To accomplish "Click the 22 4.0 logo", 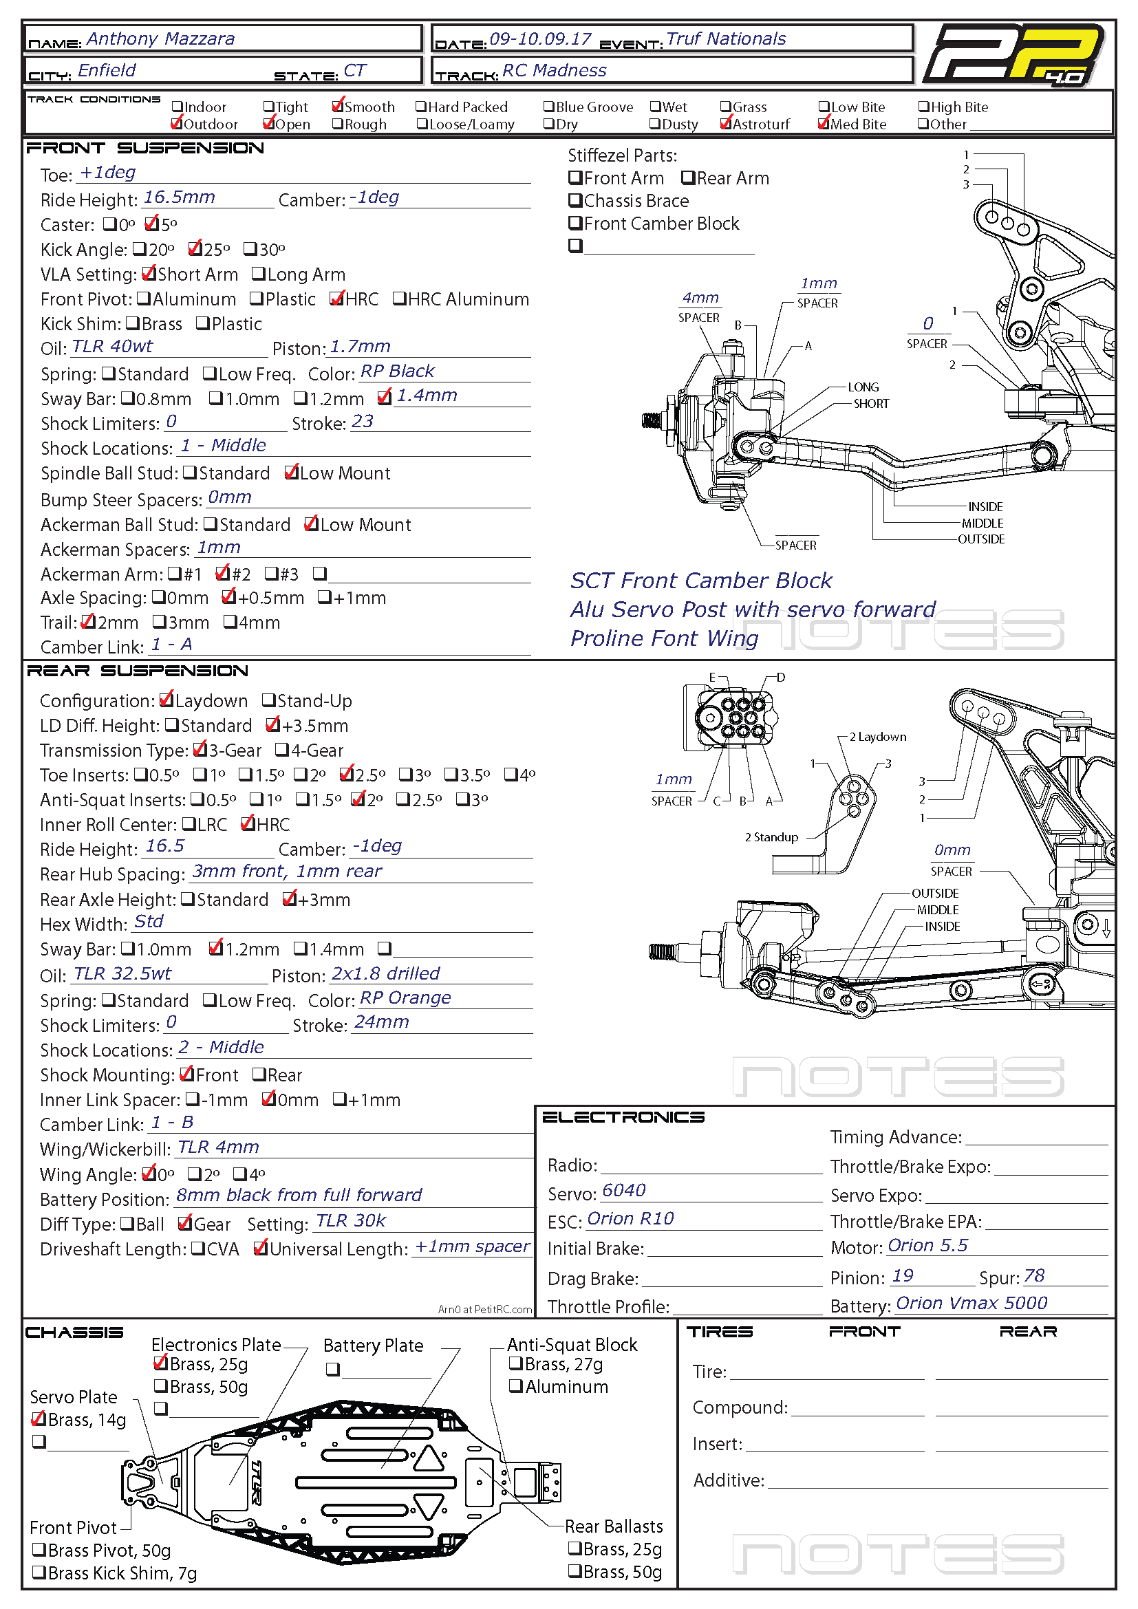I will click(1013, 54).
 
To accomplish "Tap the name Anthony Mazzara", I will click(160, 39).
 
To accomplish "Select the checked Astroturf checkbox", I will click(726, 124).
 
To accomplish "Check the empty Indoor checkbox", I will click(178, 107).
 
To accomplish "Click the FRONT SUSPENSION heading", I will click(145, 148).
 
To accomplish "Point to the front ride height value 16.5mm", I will click(179, 197).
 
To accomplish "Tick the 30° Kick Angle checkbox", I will click(250, 249).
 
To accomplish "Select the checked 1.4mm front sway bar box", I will click(383, 398).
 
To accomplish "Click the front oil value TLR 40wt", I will click(112, 346).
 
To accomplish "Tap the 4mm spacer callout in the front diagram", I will click(700, 298).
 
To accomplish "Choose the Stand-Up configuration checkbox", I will click(268, 700).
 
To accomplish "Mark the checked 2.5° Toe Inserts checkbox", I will click(346, 775).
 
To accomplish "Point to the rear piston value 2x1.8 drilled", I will click(385, 973).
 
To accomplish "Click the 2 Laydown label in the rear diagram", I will click(877, 737).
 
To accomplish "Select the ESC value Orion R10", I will click(630, 1219).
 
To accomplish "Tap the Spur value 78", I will click(1033, 1276).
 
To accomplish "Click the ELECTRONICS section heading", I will click(623, 1117).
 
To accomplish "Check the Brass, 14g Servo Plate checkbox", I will click(39, 1420).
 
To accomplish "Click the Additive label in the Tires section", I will click(727, 1480).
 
